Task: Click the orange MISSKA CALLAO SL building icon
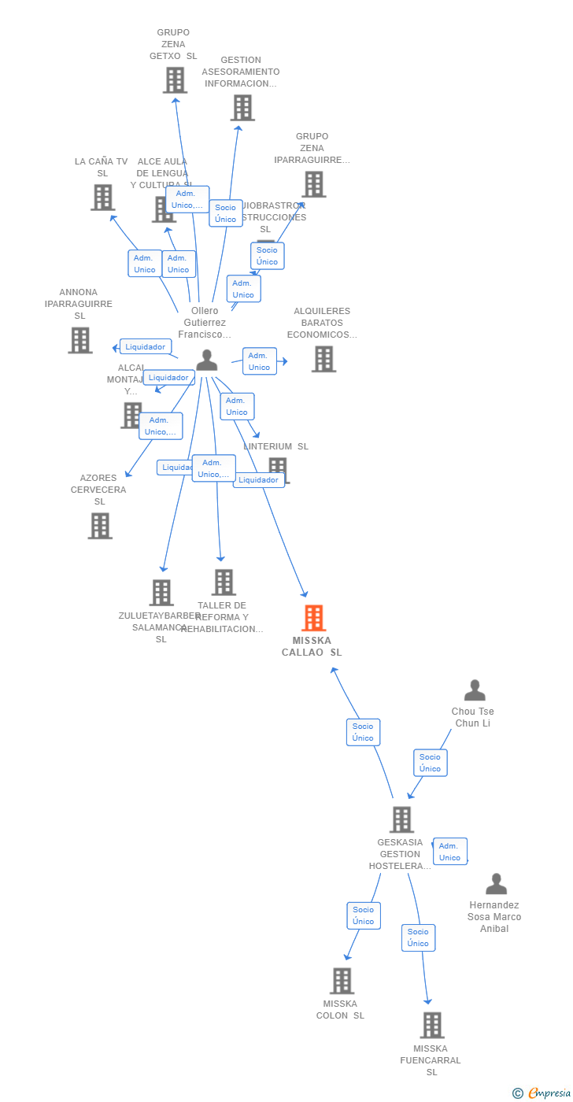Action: click(x=313, y=618)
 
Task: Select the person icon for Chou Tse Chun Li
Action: click(x=475, y=690)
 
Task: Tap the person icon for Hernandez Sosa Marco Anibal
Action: click(x=496, y=884)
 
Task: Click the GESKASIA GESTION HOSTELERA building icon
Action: click(x=401, y=819)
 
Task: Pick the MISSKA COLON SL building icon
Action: click(x=342, y=981)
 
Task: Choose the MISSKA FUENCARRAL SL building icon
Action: click(x=432, y=1025)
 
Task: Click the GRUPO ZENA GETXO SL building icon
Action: click(x=175, y=80)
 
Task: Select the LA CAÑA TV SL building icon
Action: click(x=102, y=197)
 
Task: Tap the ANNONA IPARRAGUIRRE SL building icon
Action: click(x=79, y=340)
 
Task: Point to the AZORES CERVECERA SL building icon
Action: click(x=100, y=525)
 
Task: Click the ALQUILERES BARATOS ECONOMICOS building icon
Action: click(x=323, y=359)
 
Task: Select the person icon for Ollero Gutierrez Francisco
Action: click(x=206, y=360)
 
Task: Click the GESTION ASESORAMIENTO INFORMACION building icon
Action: click(x=242, y=108)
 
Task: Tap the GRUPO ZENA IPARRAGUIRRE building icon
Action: click(x=313, y=184)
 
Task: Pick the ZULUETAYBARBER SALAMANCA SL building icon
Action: click(x=161, y=592)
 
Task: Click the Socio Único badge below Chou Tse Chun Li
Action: click(x=430, y=763)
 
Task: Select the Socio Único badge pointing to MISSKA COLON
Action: click(x=363, y=915)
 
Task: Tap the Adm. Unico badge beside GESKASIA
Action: click(x=449, y=852)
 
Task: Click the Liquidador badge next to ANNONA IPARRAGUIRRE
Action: click(x=146, y=346)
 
